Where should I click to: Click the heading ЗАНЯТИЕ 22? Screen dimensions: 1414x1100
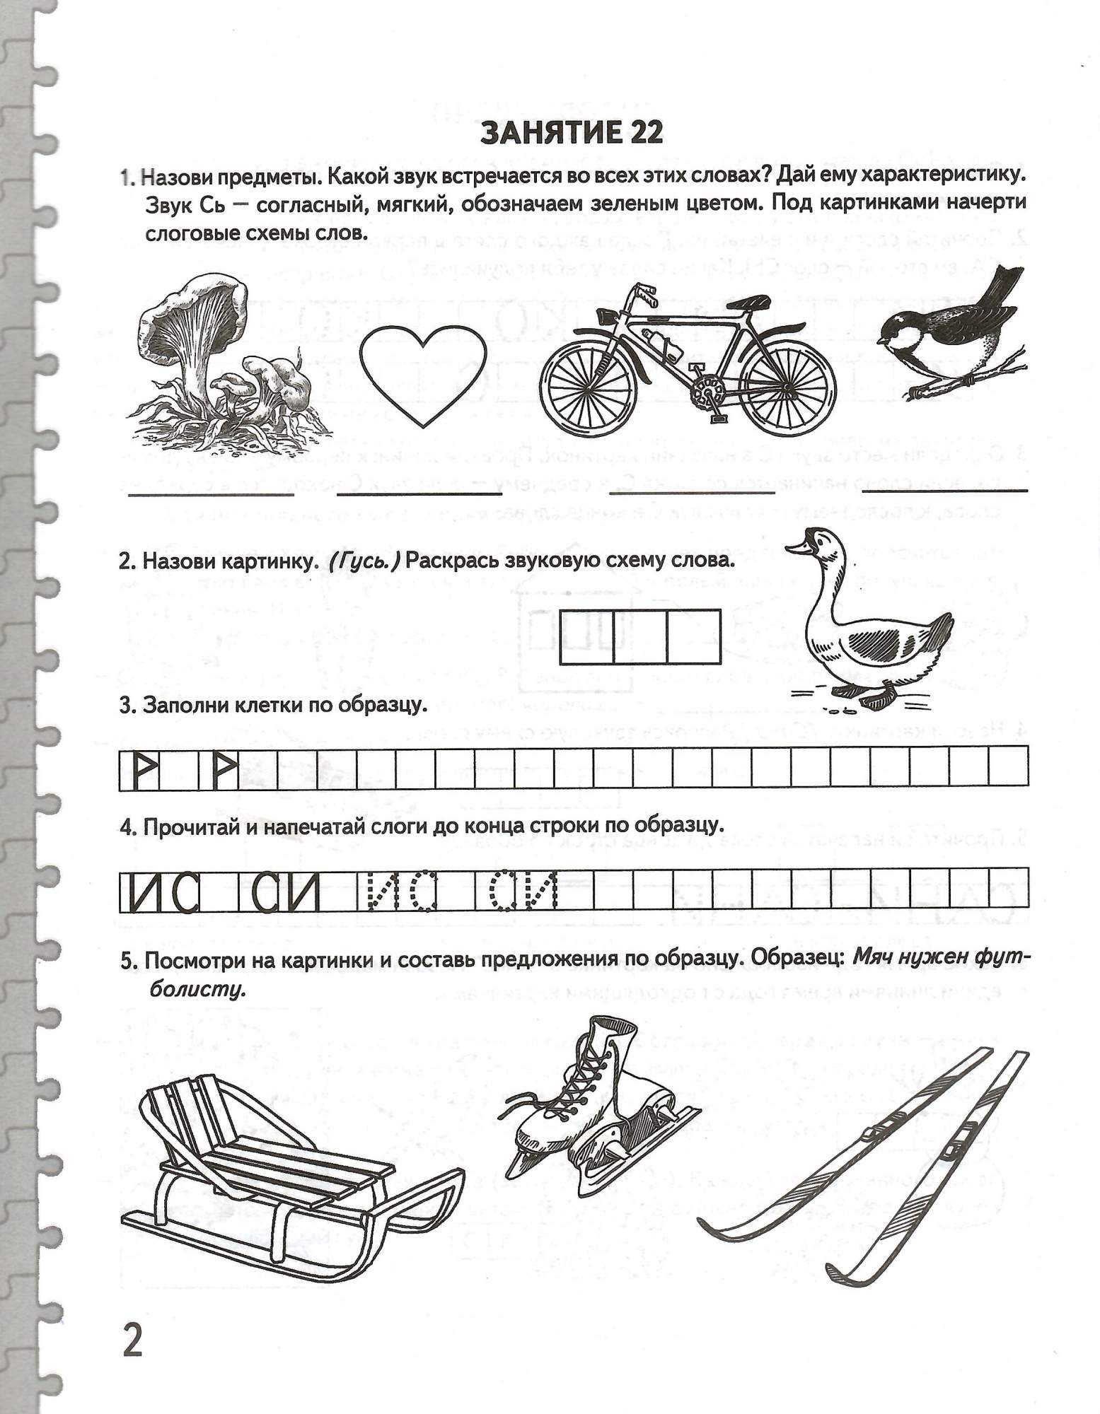tap(572, 132)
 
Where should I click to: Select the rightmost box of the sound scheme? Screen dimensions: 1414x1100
tap(694, 637)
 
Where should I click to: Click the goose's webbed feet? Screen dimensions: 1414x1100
tap(877, 696)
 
